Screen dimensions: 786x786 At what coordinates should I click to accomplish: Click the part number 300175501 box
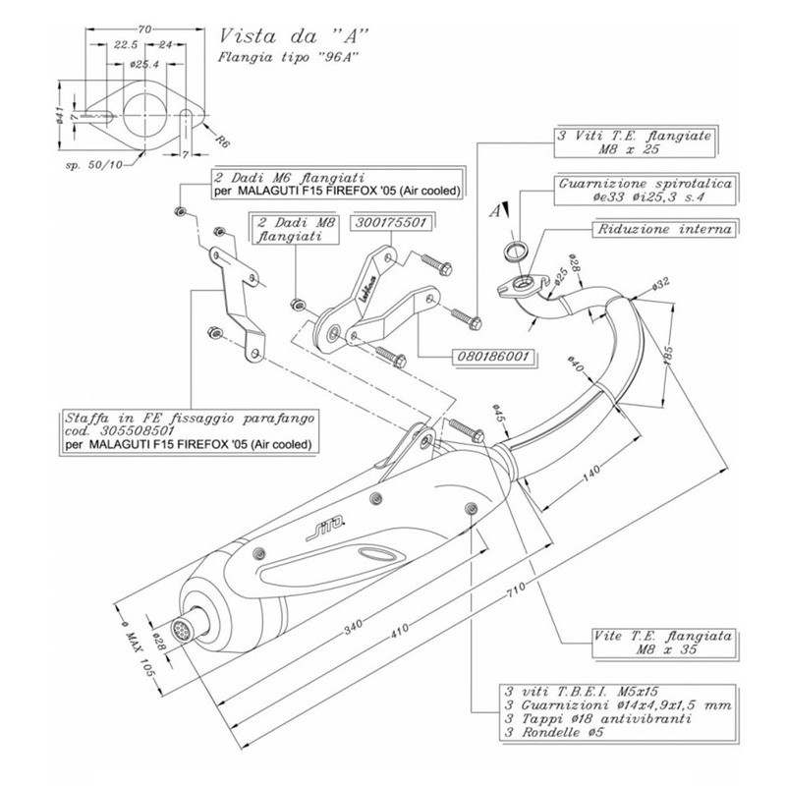391,223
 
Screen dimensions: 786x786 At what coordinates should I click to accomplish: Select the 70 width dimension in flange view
144,29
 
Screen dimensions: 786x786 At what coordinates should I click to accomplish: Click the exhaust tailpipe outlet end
182,625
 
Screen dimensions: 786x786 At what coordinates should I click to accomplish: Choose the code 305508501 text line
118,430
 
